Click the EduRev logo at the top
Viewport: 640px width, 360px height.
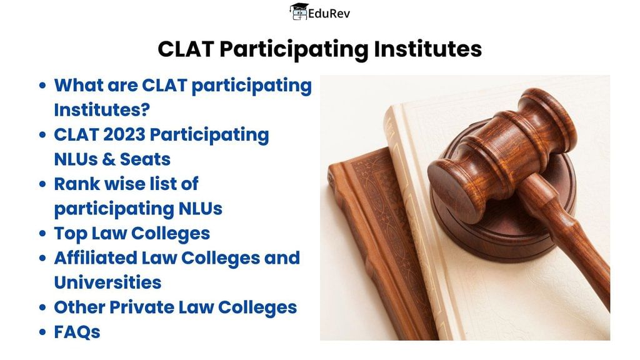tap(319, 12)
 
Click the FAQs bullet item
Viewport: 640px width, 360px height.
tap(77, 331)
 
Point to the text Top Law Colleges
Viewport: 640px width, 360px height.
tap(132, 233)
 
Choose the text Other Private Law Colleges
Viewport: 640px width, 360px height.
tap(175, 307)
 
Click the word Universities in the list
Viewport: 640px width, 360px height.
tap(107, 282)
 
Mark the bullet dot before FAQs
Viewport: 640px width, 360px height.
tap(42, 332)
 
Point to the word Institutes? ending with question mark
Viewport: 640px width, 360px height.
tap(102, 110)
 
